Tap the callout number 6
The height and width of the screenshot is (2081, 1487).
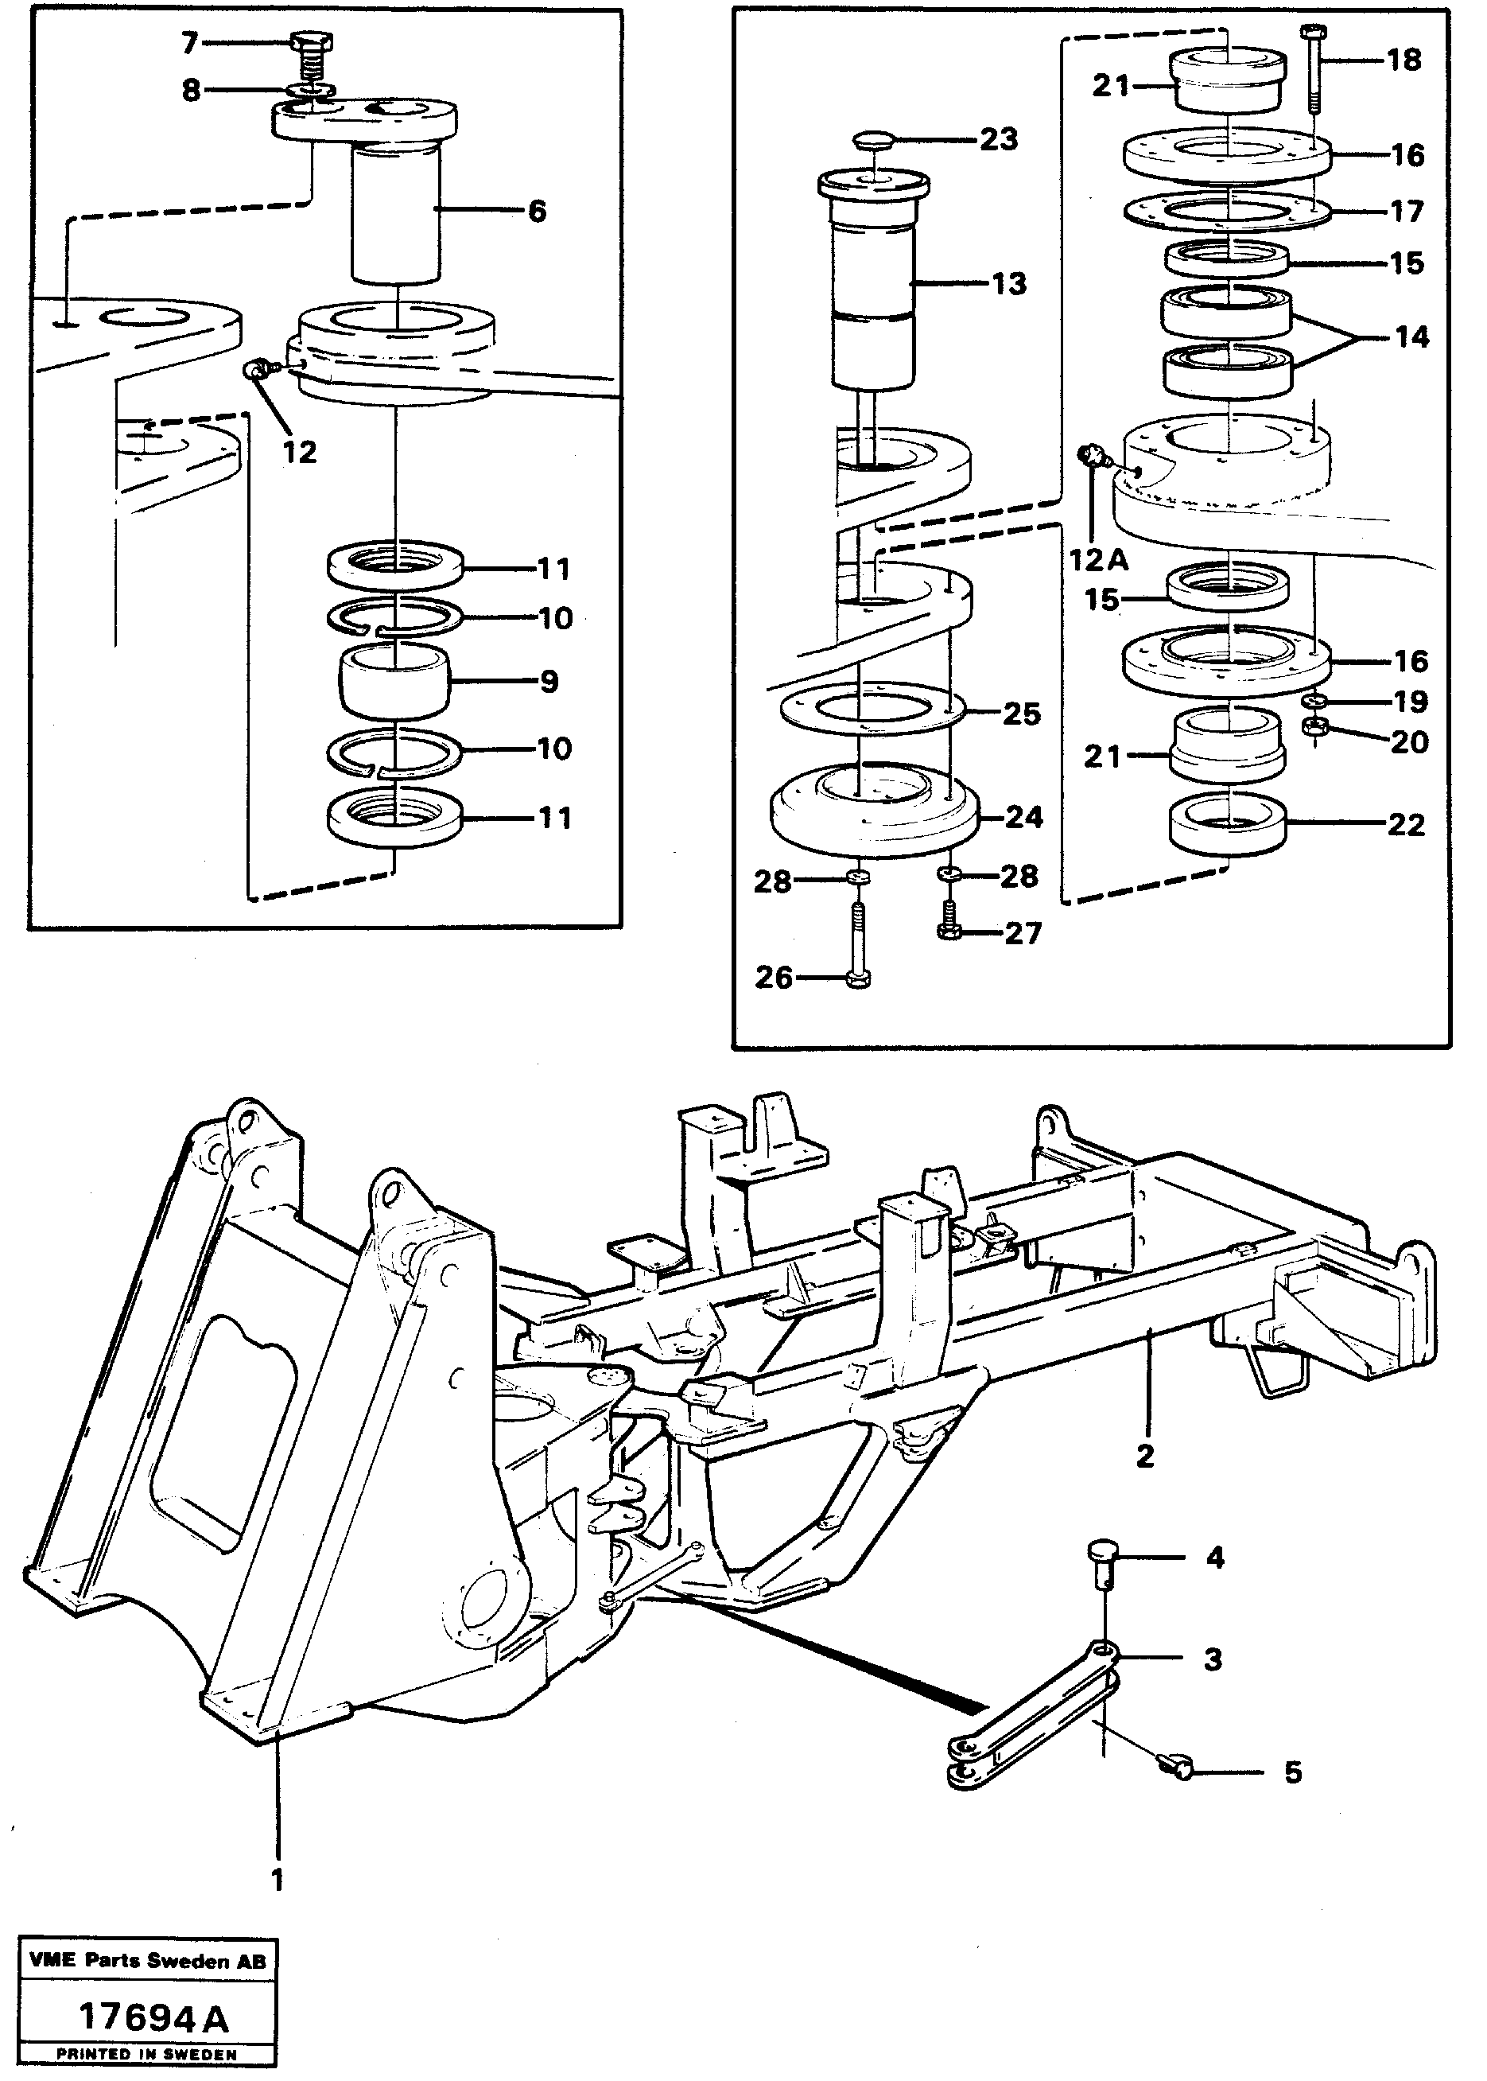pyautogui.click(x=537, y=212)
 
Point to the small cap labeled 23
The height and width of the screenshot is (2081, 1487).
pyautogui.click(x=877, y=141)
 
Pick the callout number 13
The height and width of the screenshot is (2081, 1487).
pyautogui.click(x=1009, y=284)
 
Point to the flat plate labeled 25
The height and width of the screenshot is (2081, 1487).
pyautogui.click(x=872, y=708)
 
